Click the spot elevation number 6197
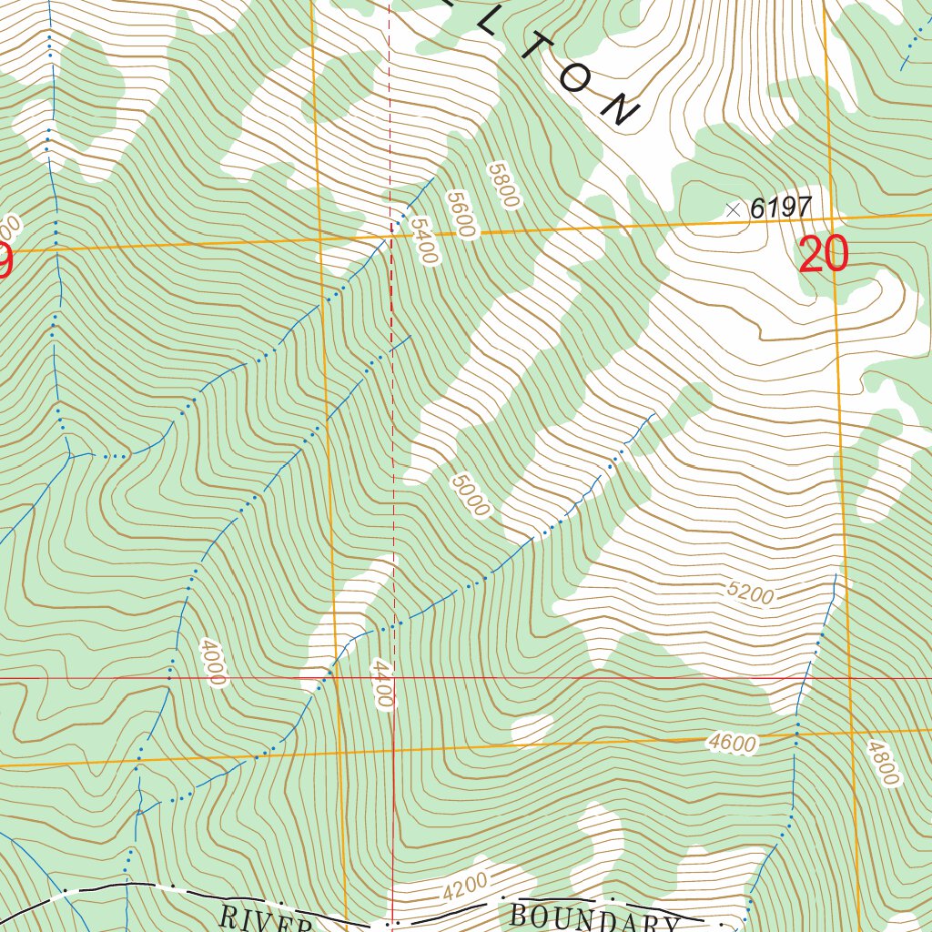[x=780, y=208]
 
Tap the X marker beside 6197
[x=734, y=209]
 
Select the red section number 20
[x=823, y=255]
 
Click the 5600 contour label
[x=461, y=214]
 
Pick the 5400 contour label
[x=423, y=240]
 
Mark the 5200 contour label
[x=750, y=594]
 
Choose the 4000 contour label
[x=210, y=662]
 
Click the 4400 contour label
[x=382, y=684]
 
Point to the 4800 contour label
[x=882, y=763]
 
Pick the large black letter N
[x=620, y=109]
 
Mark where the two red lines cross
[x=393, y=678]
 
